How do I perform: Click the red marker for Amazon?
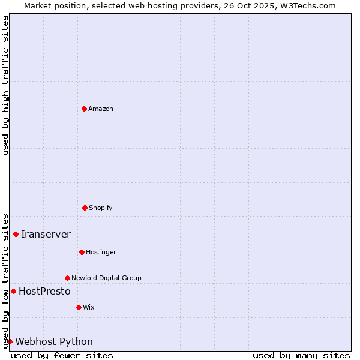[84, 109]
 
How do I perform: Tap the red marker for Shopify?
[85, 208]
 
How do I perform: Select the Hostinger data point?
[82, 252]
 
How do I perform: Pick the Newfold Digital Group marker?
[67, 278]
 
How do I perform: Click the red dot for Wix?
[79, 307]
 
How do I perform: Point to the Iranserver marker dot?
[16, 234]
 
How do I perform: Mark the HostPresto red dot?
[13, 291]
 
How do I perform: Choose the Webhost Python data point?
[10, 341]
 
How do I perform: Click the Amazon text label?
[101, 109]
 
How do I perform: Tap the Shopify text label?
[101, 208]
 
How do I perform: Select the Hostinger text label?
[101, 252]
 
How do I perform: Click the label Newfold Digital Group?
[106, 278]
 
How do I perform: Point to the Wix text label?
[89, 307]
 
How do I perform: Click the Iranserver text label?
[46, 234]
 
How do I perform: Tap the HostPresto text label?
[44, 291]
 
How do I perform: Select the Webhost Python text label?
[54, 341]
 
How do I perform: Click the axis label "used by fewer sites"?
[62, 355]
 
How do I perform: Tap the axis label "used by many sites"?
[301, 355]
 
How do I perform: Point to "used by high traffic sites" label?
[5, 85]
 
